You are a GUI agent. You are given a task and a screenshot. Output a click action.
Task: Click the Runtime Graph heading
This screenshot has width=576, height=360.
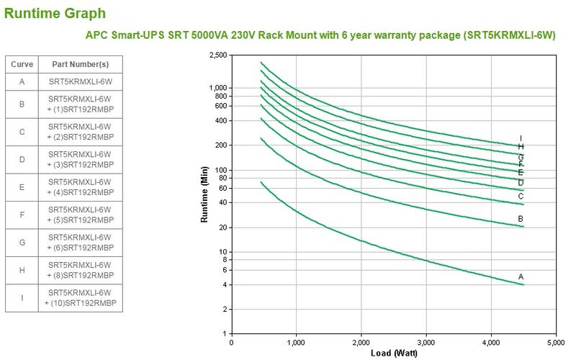[55, 13]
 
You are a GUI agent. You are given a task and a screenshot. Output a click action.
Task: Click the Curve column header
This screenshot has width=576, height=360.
[22, 64]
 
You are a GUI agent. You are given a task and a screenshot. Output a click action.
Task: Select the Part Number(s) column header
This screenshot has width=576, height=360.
[80, 64]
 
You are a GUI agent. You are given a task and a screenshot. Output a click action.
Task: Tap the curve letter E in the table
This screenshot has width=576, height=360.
[22, 187]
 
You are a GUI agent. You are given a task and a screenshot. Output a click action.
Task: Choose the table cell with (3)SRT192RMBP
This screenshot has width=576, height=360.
[80, 159]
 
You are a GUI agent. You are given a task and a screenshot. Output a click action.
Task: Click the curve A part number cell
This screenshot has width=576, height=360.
[80, 81]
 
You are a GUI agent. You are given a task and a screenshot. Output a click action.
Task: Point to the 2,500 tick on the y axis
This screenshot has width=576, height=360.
[217, 55]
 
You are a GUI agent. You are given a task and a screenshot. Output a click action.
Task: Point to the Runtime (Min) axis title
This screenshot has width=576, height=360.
[204, 194]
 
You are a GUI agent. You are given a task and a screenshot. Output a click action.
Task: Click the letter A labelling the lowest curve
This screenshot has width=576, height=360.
[521, 276]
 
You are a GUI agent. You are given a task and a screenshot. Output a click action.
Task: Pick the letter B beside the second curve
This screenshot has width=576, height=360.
[521, 219]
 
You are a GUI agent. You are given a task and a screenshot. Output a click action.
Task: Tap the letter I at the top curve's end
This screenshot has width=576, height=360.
[521, 138]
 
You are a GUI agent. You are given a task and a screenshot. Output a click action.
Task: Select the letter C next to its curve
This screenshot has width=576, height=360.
[521, 196]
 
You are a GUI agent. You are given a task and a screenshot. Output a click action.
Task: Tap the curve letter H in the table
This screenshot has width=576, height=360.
[22, 271]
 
